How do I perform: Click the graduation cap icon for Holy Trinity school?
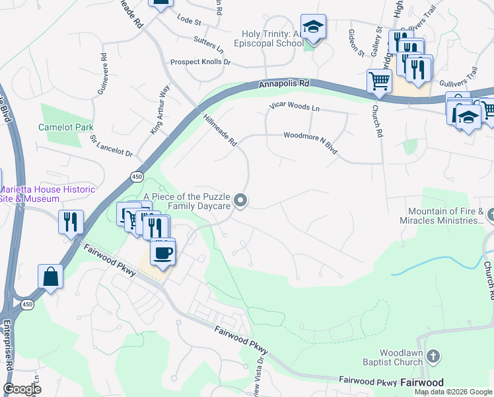[313, 27]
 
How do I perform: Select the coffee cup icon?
[162, 251]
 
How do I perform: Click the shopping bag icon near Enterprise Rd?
[51, 277]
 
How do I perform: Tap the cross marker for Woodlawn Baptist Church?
[433, 357]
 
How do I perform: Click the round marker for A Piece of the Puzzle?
[242, 200]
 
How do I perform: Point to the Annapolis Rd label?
[284, 85]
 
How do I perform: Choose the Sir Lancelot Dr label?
[112, 147]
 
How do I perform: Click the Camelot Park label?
[65, 127]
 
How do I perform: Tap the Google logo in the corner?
[22, 389]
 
